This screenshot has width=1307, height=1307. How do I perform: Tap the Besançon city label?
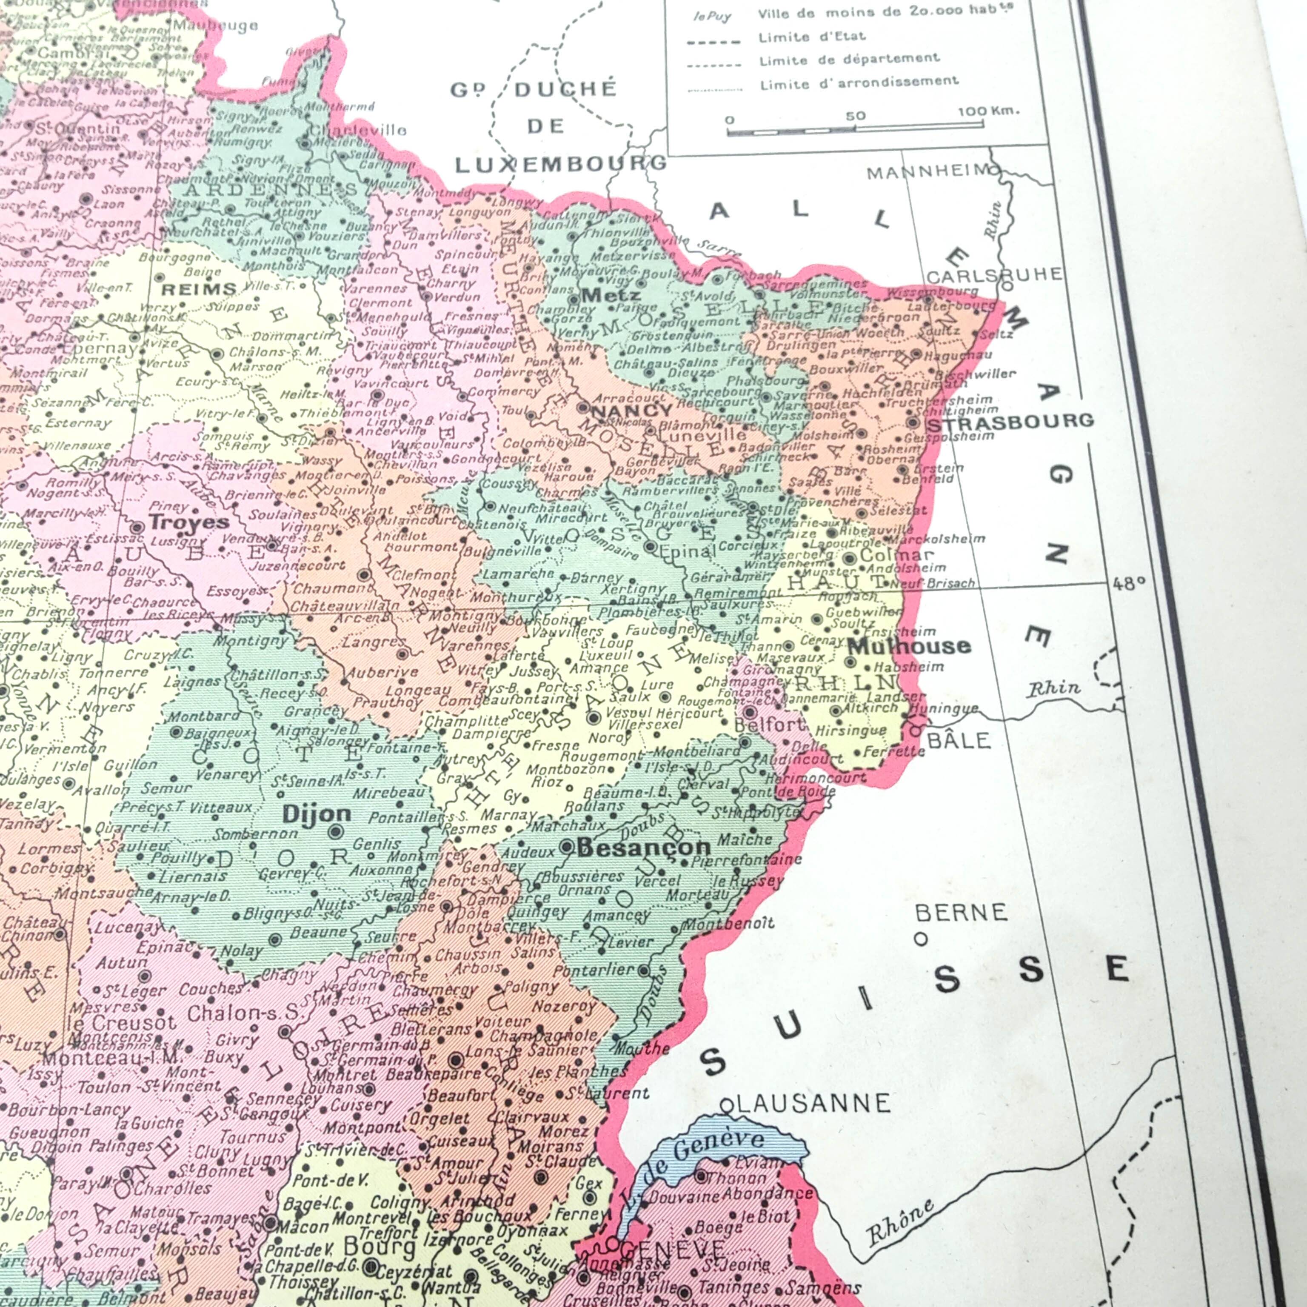pyautogui.click(x=643, y=847)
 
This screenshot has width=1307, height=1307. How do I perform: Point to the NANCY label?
pyautogui.click(x=632, y=410)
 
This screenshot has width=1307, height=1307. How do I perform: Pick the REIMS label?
pyautogui.click(x=199, y=290)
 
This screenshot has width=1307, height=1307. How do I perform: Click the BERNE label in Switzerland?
pyautogui.click(x=961, y=913)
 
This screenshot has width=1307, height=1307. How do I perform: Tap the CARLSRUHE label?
pyautogui.click(x=994, y=275)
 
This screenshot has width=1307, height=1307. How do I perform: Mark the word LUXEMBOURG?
pyautogui.click(x=560, y=164)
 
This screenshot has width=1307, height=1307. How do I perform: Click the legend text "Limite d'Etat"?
pyautogui.click(x=812, y=37)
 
